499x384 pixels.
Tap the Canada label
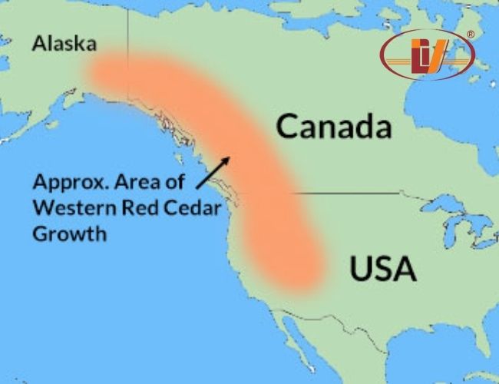[x=334, y=127]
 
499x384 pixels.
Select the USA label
[x=383, y=269]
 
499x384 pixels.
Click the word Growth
[x=69, y=233]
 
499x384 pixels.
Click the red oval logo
[x=427, y=55]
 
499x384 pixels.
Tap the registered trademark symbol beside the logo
[x=471, y=34]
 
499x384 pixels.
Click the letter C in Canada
[x=288, y=127]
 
